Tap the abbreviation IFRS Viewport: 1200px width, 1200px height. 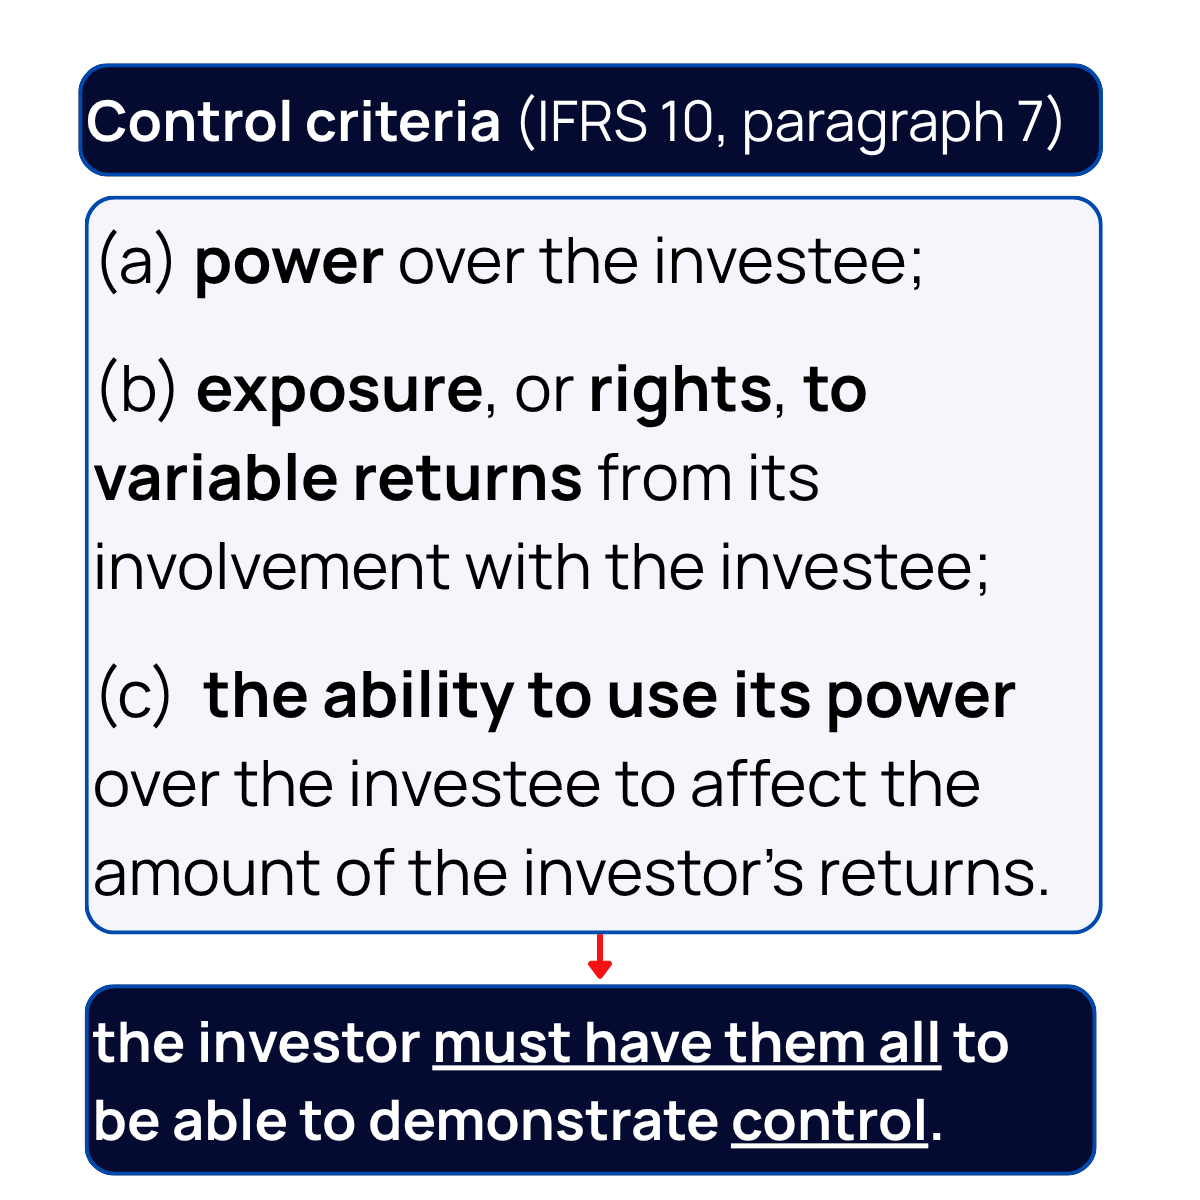coord(583,122)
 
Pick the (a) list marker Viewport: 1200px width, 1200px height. coord(136,262)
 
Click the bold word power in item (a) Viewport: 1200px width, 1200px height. coord(288,264)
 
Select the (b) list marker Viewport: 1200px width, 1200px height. coord(137,389)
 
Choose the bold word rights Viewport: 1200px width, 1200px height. coord(680,391)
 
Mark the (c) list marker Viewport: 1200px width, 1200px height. coord(135,697)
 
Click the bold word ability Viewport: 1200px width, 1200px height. coord(417,697)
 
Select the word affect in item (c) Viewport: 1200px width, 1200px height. coord(765,785)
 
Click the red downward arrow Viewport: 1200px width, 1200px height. coord(599,958)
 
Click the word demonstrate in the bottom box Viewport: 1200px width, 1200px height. coord(543,1121)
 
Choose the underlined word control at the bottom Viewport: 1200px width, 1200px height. coord(829,1121)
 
